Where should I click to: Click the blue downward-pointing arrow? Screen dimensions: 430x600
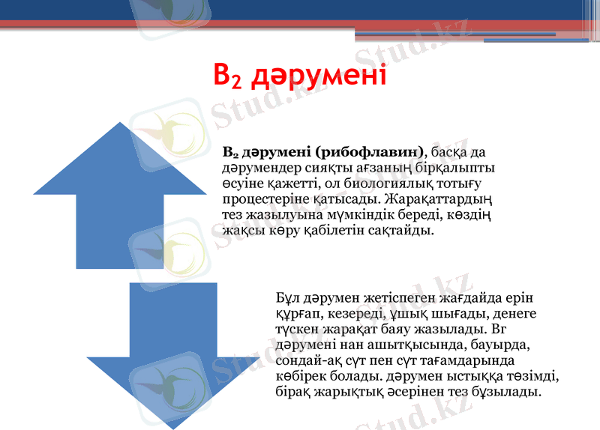pyautogui.click(x=174, y=352)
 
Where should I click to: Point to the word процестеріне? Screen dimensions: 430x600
pyautogui.click(x=263, y=199)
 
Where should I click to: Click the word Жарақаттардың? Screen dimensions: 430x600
pyautogui.click(x=440, y=199)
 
